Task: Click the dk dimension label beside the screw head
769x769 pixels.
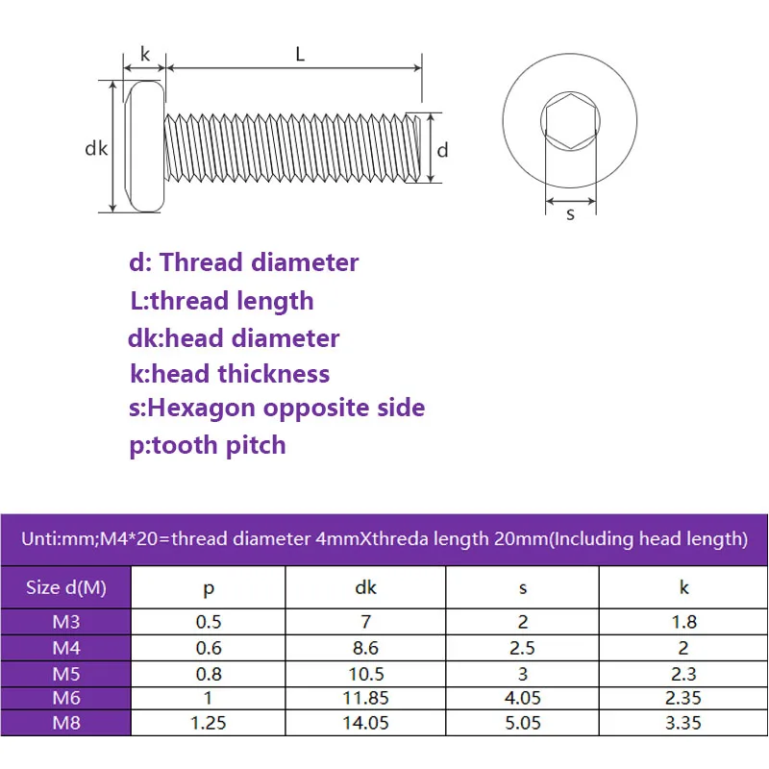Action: [95, 149]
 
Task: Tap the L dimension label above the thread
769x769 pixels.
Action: [300, 55]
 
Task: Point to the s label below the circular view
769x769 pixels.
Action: [570, 214]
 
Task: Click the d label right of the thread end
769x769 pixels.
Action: [443, 150]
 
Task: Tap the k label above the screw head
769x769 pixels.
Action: [146, 55]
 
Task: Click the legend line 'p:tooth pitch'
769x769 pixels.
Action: [208, 445]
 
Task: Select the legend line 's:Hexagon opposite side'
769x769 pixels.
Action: [277, 408]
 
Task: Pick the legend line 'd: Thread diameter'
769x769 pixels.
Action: [244, 262]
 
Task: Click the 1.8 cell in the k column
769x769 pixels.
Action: [683, 622]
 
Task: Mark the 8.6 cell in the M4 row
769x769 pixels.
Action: [365, 648]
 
